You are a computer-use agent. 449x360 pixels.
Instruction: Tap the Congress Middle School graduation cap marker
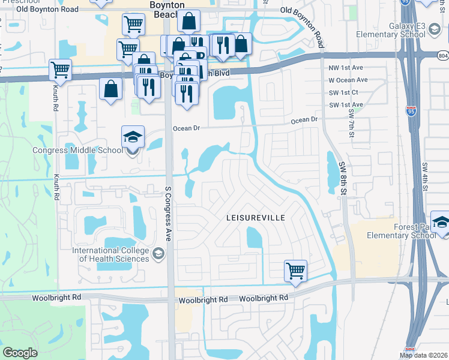133,137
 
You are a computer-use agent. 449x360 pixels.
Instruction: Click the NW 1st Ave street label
348,68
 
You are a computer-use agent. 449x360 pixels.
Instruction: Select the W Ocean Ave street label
348,80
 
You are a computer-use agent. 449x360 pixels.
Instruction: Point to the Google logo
20,353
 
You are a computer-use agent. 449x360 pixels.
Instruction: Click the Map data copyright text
424,355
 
